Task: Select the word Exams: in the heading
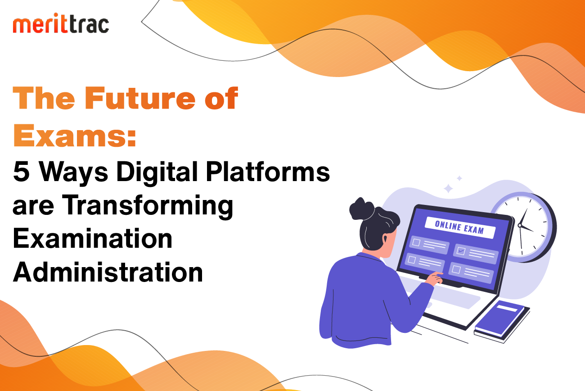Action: click(x=75, y=136)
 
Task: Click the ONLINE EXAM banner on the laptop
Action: click(x=460, y=227)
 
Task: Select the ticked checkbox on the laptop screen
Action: click(x=461, y=251)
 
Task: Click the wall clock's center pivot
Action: click(x=520, y=225)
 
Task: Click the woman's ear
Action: click(x=385, y=239)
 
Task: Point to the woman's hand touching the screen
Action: click(x=434, y=278)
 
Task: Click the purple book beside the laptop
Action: click(x=502, y=321)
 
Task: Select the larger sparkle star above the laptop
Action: click(x=448, y=188)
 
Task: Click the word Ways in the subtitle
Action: click(x=73, y=173)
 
